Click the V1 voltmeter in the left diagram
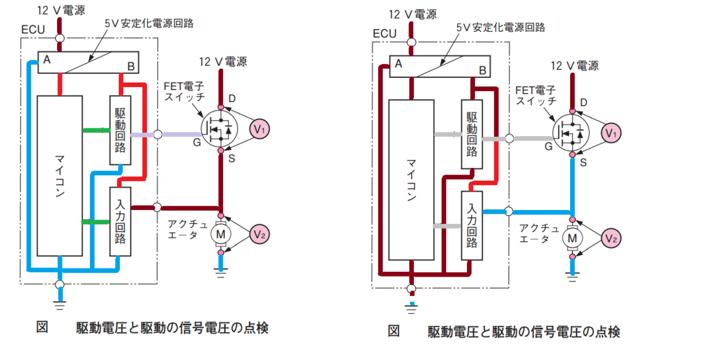pyautogui.click(x=259, y=129)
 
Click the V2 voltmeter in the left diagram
pyautogui.click(x=259, y=235)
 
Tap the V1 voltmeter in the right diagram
pyautogui.click(x=611, y=133)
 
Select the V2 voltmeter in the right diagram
pyautogui.click(x=611, y=239)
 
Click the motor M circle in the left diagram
pyautogui.click(x=221, y=234)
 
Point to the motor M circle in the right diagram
pyautogui.click(x=572, y=238)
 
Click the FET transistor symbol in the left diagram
pyautogui.click(x=219, y=129)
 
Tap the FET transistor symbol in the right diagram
pyautogui.click(x=571, y=133)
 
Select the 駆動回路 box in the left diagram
pyautogui.click(x=120, y=130)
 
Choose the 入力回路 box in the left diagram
pyautogui.click(x=120, y=222)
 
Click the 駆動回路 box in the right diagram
pyautogui.click(x=472, y=134)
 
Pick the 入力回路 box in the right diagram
pyautogui.click(x=472, y=226)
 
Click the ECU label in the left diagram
pyautogui.click(x=33, y=29)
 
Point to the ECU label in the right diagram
pyautogui.click(x=385, y=34)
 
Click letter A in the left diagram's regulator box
pyautogui.click(x=47, y=59)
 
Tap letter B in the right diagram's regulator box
pyautogui.click(x=482, y=70)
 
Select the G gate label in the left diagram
pyautogui.click(x=197, y=142)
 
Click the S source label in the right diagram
pyautogui.click(x=583, y=163)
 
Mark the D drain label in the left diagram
pyautogui.click(x=232, y=98)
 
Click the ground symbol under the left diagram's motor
pyautogui.click(x=221, y=272)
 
